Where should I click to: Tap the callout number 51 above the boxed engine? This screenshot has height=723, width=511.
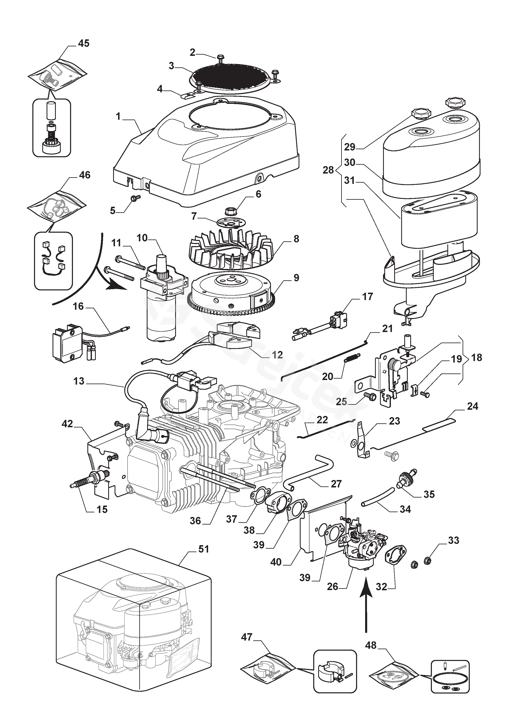pos(203,549)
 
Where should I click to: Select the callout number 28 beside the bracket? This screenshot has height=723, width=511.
pos(328,170)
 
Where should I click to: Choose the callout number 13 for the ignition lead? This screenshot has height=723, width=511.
pos(79,381)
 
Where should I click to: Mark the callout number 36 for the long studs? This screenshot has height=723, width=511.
pos(195,521)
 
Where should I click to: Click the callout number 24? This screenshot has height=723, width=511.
pos(473,406)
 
